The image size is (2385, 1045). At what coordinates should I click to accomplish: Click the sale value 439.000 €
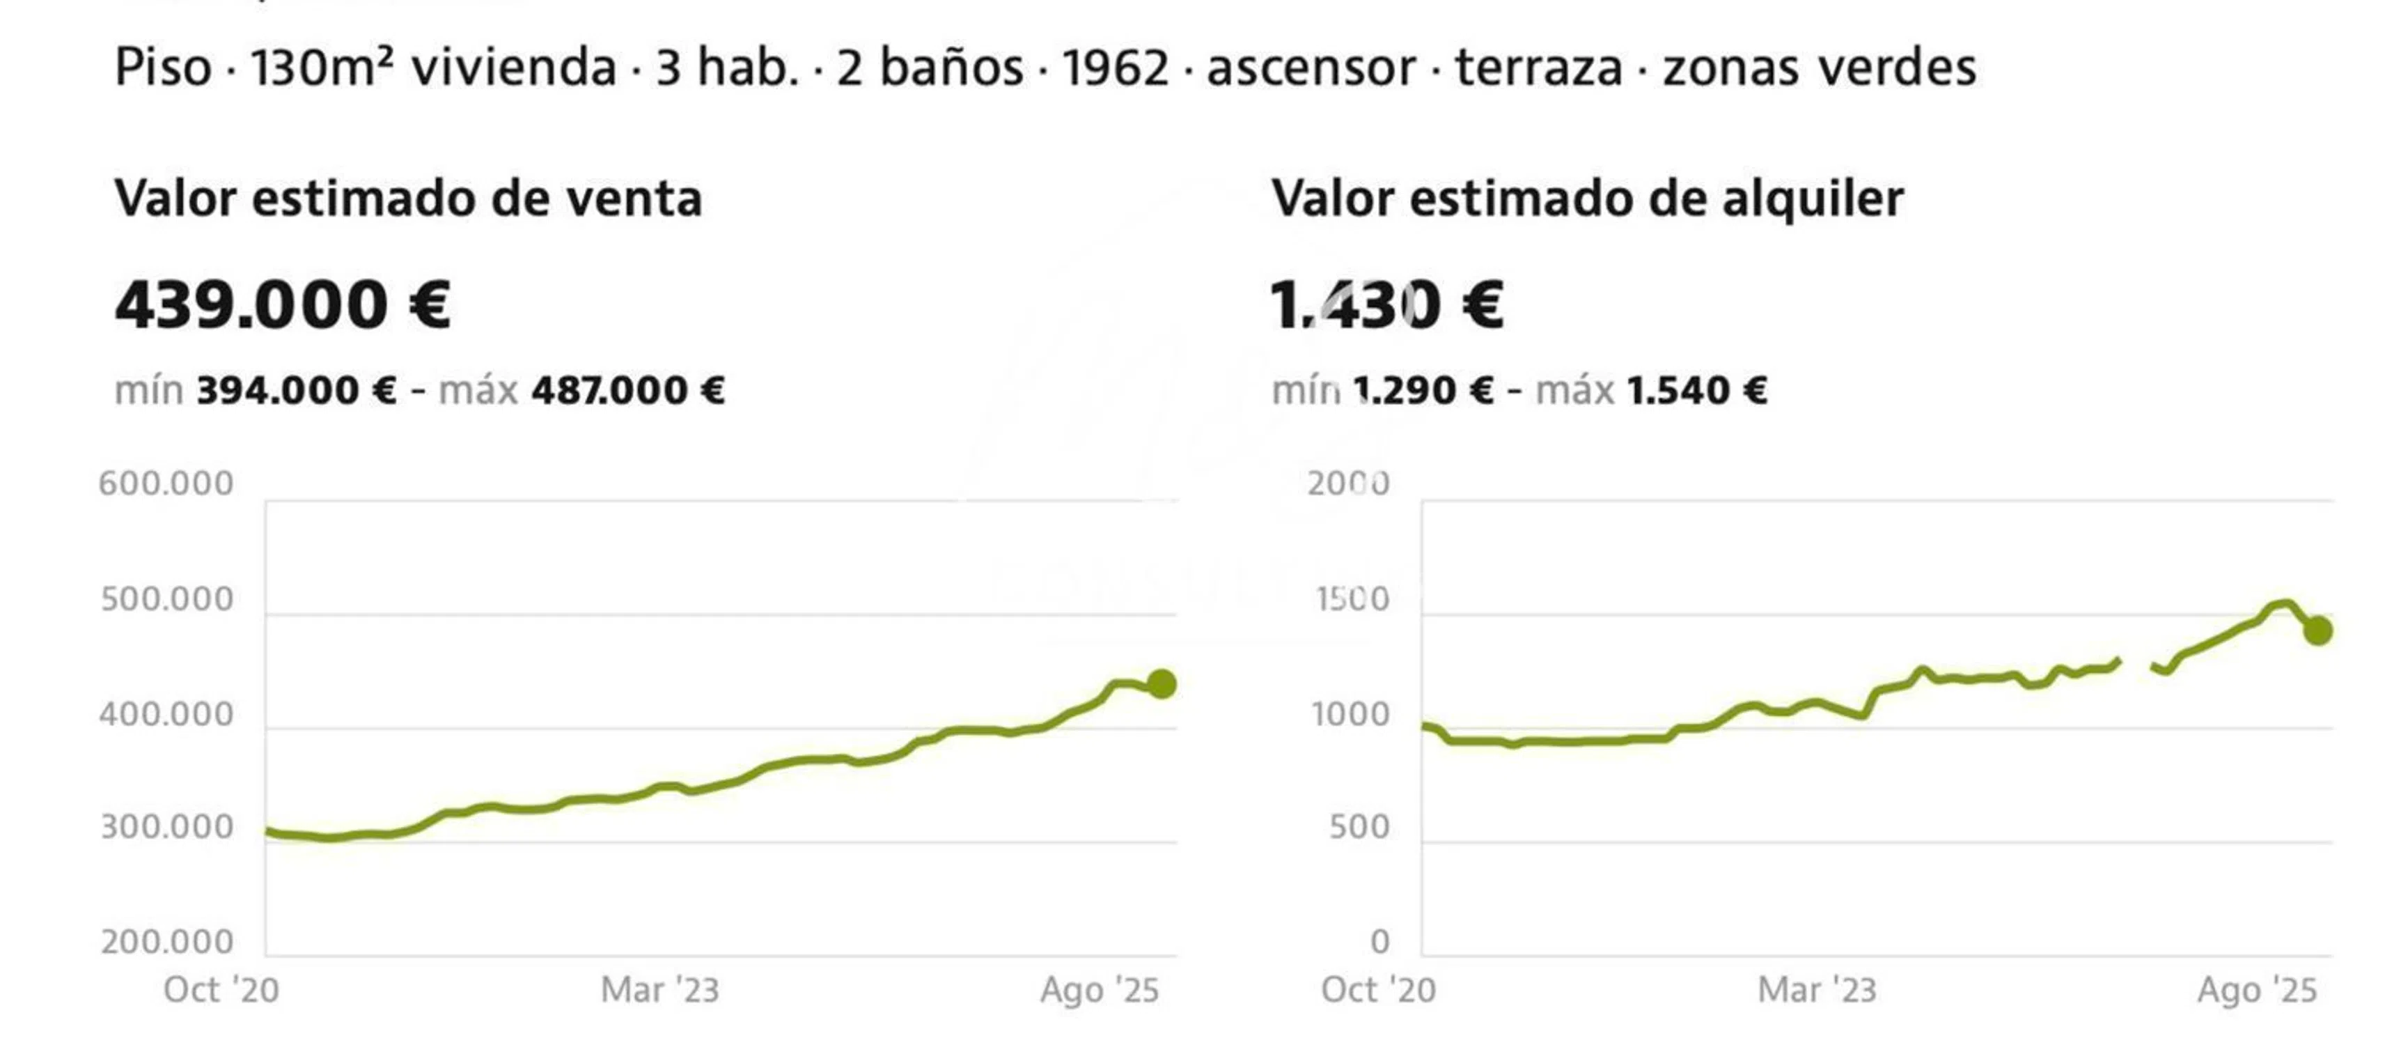[283, 306]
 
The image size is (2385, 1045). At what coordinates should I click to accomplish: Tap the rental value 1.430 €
[1386, 306]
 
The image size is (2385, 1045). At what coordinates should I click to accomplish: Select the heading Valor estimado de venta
[408, 199]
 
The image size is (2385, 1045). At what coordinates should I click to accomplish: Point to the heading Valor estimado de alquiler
[1587, 199]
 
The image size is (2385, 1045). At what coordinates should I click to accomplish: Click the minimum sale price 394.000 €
[296, 390]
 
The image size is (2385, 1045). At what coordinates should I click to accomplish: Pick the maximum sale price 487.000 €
[627, 390]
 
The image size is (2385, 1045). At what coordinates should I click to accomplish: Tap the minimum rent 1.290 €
[1423, 390]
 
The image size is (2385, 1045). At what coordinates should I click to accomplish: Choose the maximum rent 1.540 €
[1696, 390]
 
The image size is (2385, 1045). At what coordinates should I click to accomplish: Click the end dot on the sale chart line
[1161, 685]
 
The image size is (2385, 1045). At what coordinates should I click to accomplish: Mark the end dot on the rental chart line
[2317, 631]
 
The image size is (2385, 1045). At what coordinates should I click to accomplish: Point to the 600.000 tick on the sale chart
[166, 483]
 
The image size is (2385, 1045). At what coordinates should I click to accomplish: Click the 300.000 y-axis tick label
[166, 828]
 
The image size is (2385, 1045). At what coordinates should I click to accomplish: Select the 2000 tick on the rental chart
[1348, 483]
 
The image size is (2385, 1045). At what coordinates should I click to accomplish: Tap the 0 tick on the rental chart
[1379, 942]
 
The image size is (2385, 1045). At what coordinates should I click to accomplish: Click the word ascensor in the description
[1311, 68]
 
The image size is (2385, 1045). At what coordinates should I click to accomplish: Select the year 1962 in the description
[1115, 68]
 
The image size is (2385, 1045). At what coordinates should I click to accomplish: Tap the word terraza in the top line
[1539, 68]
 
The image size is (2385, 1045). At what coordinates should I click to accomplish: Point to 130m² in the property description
[322, 68]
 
